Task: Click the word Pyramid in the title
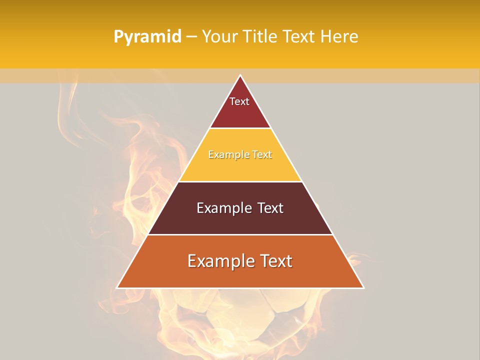147,37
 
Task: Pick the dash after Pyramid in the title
191,37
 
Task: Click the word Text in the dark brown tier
270,208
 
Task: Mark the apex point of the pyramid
240,75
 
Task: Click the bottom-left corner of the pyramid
117,288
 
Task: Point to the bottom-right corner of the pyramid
363,288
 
